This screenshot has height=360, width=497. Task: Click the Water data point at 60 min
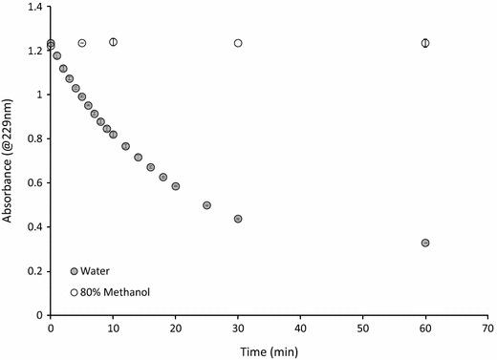point(425,243)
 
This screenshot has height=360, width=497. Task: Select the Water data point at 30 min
point(238,219)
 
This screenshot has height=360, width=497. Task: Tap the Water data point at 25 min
point(206,205)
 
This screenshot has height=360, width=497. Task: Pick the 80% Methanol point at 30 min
point(238,43)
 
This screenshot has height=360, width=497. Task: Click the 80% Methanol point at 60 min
point(425,43)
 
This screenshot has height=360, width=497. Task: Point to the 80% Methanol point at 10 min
point(113,42)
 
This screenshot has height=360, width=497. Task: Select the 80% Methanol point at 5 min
point(82,43)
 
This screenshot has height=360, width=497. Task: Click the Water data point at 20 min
point(176,186)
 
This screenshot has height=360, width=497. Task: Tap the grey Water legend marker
point(75,271)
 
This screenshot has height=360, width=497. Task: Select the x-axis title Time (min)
point(269,350)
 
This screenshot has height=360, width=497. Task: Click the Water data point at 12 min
point(125,146)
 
